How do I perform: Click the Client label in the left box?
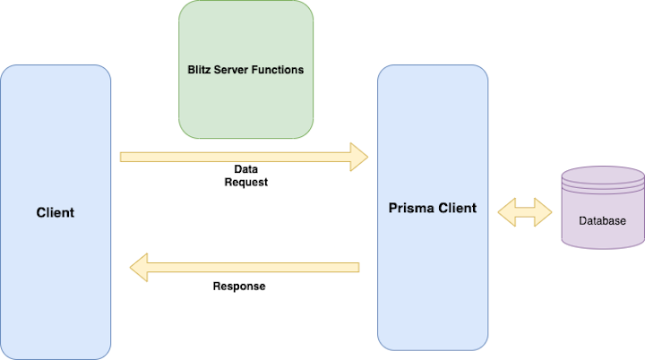point(56,212)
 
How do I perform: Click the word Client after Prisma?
point(456,208)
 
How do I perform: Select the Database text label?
point(602,220)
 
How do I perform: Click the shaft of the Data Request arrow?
point(233,157)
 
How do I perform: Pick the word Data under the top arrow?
point(246,168)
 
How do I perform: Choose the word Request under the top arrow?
point(246,182)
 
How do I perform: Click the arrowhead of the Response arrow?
point(140,266)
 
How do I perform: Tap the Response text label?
point(239,287)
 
